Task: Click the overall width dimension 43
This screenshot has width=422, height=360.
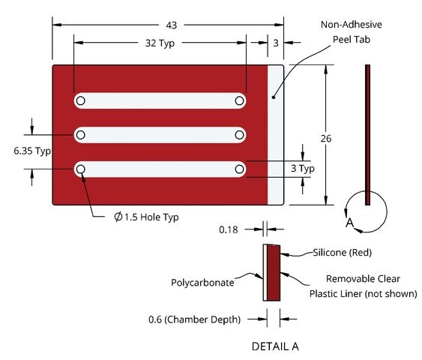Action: (x=172, y=25)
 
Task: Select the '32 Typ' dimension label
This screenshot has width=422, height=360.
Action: (x=160, y=43)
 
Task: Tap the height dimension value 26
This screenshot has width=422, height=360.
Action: (x=326, y=139)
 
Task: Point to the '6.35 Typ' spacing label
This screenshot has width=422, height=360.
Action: (x=32, y=151)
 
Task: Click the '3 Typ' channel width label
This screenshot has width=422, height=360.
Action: (x=303, y=169)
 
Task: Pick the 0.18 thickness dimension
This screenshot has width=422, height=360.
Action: (x=229, y=229)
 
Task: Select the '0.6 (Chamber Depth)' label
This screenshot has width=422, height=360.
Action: (x=194, y=319)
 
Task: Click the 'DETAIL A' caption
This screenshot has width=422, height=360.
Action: (x=275, y=346)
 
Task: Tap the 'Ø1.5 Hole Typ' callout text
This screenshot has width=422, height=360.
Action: (x=146, y=217)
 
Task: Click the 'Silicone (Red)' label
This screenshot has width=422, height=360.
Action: (x=342, y=253)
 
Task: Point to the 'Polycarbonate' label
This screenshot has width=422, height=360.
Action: (x=202, y=283)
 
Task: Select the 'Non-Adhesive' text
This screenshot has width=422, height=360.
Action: (x=352, y=25)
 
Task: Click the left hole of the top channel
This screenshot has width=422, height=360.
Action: (x=81, y=100)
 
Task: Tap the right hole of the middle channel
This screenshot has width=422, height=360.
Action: (x=239, y=135)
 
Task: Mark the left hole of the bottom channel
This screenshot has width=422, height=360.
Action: (x=81, y=169)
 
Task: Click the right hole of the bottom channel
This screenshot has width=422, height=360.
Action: (x=239, y=169)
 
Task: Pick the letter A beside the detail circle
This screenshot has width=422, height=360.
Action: (x=349, y=223)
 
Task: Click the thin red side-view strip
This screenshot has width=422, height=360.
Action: (x=367, y=135)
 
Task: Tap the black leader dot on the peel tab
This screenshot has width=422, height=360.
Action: (x=274, y=97)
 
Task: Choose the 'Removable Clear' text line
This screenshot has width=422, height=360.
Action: (x=363, y=279)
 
